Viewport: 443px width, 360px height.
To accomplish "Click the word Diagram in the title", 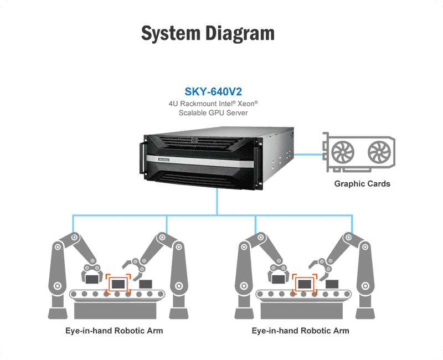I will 240,33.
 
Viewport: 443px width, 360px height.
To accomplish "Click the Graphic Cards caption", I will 362,183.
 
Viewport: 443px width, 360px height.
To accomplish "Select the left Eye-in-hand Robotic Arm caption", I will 114,331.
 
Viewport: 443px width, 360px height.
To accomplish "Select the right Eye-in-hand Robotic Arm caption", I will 300,331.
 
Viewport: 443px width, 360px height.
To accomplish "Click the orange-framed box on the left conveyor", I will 117,284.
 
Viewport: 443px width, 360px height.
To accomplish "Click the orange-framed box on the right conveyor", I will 303,284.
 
